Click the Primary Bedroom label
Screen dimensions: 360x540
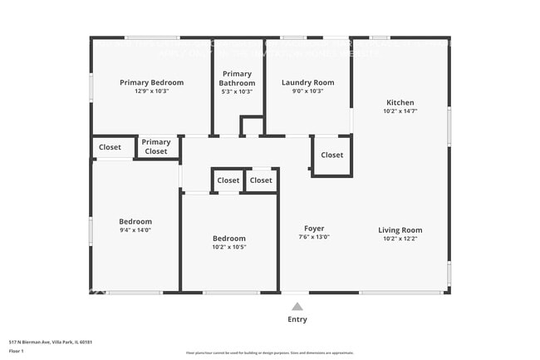tap(151, 82)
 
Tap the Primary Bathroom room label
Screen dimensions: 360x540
tap(237, 78)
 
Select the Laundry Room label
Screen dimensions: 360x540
tap(307, 82)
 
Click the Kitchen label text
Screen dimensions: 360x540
tap(400, 102)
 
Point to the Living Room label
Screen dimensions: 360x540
tap(400, 230)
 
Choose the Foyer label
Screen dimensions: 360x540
tap(314, 228)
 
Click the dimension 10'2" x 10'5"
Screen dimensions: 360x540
tap(228, 247)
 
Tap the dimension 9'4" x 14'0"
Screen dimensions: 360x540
tap(135, 230)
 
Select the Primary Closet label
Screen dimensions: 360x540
tap(156, 147)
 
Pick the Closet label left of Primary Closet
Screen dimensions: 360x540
tap(110, 147)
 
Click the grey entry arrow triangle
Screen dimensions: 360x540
tap(297, 307)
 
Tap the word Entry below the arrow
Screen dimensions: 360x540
tap(297, 319)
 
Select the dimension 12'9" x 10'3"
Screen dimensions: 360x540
tap(151, 91)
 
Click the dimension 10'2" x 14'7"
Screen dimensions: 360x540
tap(400, 111)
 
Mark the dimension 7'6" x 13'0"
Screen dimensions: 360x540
tap(314, 237)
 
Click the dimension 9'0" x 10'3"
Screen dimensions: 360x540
tap(307, 91)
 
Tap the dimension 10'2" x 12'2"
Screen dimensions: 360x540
tap(400, 239)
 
